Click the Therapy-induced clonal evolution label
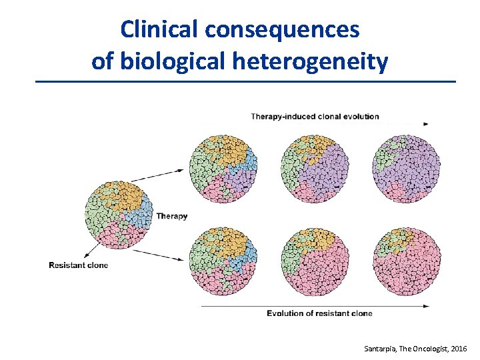coord(315,117)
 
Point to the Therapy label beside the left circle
coord(172,216)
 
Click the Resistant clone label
coord(78,265)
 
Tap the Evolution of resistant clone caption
coord(319,313)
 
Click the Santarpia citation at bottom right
coord(416,349)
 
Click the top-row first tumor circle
coord(223,168)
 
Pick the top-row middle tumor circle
coord(315,168)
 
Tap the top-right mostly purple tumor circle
coord(407,168)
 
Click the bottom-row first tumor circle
coord(223,261)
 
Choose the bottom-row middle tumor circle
coord(315,261)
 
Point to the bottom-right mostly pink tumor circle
coord(407,261)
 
